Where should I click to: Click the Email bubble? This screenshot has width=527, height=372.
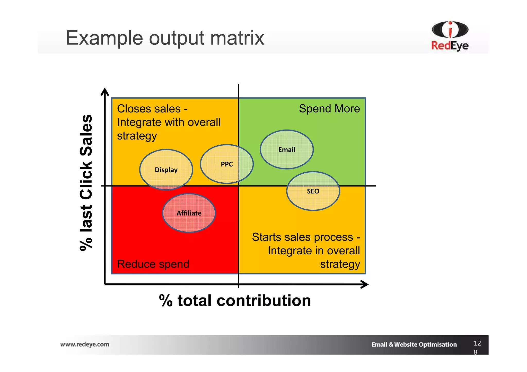pos(287,150)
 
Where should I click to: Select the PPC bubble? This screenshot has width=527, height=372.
pos(227,164)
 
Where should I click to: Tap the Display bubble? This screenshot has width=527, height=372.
pos(166,170)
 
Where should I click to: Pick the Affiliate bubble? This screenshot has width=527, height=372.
pos(189,213)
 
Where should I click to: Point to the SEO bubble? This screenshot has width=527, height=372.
pos(313,191)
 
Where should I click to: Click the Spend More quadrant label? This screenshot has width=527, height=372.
pos(329,109)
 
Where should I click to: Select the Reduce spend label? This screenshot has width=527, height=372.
pos(153,264)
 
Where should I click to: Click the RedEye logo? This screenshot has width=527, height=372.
pos(450,36)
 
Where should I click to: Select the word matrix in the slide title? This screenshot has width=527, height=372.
pos(237,38)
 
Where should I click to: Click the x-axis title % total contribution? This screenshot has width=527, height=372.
pos(235,300)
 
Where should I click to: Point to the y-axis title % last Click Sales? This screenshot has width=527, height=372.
pos(86,182)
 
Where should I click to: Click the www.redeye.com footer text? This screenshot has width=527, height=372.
pos(85,344)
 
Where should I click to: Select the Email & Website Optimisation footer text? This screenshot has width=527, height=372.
pos(414,345)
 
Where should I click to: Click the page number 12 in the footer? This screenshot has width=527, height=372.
pos(477,343)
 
